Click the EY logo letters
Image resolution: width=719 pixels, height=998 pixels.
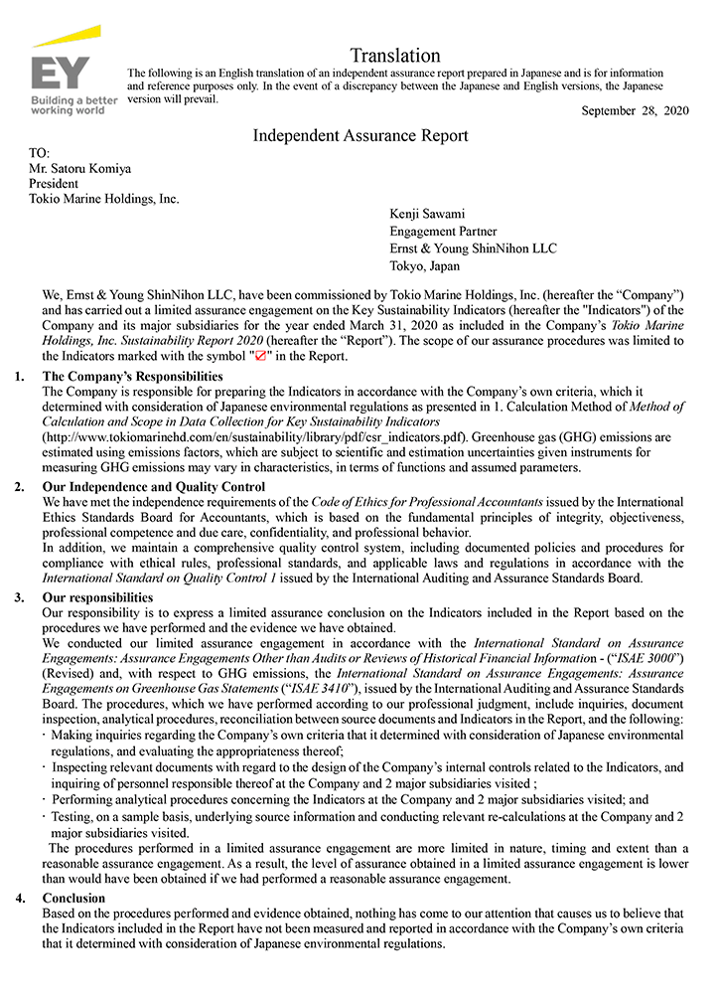click(x=61, y=75)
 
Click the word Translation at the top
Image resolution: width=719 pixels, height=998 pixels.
click(x=395, y=56)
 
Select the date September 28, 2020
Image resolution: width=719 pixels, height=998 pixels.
click(x=635, y=110)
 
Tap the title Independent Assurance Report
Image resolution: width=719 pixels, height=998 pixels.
click(x=360, y=135)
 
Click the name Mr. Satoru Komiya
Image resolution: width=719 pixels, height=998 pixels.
click(x=80, y=169)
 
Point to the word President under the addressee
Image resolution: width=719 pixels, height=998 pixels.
click(x=54, y=184)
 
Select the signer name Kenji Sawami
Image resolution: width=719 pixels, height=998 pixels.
click(x=427, y=214)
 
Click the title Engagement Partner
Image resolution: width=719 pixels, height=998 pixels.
click(x=442, y=231)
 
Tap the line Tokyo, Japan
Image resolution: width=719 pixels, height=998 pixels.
click(x=425, y=265)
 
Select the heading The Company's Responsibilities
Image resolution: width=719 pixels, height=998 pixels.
click(x=132, y=377)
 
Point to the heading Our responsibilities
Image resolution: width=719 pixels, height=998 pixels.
click(x=97, y=597)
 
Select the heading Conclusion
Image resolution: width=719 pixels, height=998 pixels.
click(x=74, y=899)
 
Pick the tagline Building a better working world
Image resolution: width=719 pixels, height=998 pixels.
click(x=73, y=105)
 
